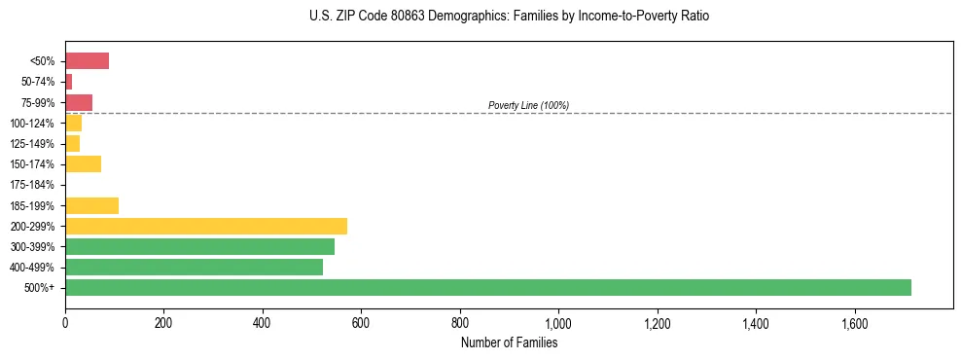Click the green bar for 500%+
pos(487,287)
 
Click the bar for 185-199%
pos(91,205)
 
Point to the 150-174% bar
pos(83,163)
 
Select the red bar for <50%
pos(87,60)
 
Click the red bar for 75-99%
pos(79,102)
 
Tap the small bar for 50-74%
pos(69,82)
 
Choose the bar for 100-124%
pos(73,123)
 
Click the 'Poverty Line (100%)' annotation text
pos(528,105)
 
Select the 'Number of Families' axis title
pos(510,342)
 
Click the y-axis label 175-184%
pos(33,185)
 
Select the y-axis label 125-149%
pos(33,144)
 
